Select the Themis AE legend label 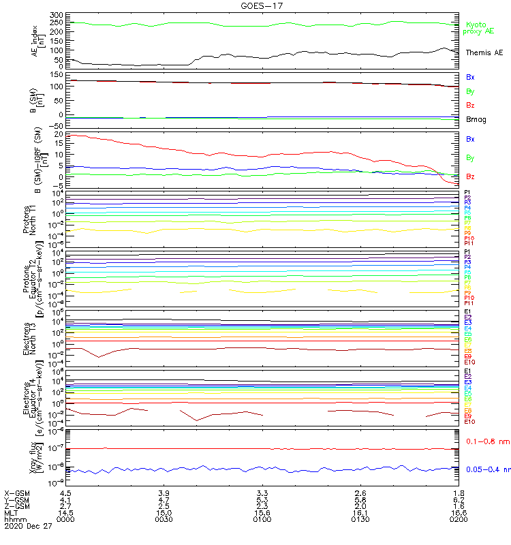pos(484,52)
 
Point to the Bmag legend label pos(476,119)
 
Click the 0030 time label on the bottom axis pos(164,520)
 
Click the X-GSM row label pos(16,493)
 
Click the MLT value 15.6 pos(262,513)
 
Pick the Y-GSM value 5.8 pos(360,499)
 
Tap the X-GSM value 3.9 pos(164,493)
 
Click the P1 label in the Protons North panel pos(468,193)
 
